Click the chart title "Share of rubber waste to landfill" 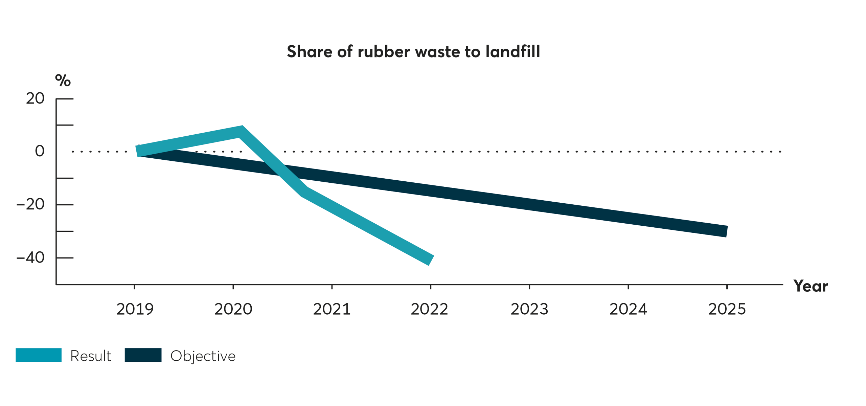click(x=413, y=51)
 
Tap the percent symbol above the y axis click(x=63, y=81)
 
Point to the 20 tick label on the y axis click(x=35, y=98)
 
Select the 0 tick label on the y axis click(x=40, y=151)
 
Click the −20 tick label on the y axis click(x=30, y=204)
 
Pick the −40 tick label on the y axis click(x=30, y=257)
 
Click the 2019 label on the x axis click(x=135, y=309)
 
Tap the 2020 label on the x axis click(x=233, y=309)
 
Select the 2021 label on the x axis click(x=332, y=309)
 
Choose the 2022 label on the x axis click(x=429, y=309)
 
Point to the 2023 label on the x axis click(x=529, y=309)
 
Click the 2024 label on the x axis click(x=628, y=309)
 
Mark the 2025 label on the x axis click(x=727, y=309)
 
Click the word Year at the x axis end click(x=810, y=286)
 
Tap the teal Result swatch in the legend click(x=39, y=355)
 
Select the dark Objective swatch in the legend click(x=143, y=355)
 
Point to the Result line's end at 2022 click(x=430, y=260)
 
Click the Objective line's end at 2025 click(x=726, y=231)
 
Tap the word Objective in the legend click(x=203, y=356)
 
